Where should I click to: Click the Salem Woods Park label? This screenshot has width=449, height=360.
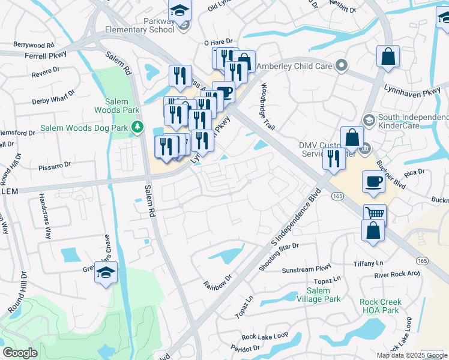point(117,106)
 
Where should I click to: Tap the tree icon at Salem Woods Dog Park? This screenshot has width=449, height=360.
point(138,127)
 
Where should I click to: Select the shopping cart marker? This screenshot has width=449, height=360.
point(375,213)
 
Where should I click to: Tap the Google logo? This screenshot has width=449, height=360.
point(20,353)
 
